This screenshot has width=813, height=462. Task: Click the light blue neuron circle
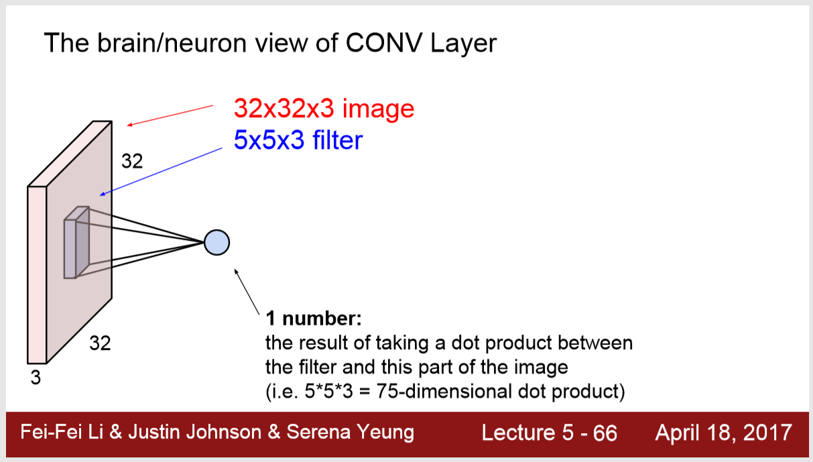pos(216,242)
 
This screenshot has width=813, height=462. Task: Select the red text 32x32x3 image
pos(324,108)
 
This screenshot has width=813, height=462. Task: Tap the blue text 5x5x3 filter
pos(298,140)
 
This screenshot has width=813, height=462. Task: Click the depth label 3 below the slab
pos(36,378)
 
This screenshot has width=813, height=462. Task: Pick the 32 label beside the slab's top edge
pos(131,161)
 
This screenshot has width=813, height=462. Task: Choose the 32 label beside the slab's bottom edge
pos(100,344)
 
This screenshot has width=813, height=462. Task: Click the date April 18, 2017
pos(724,432)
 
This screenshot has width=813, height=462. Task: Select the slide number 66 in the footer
pos(605,432)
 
